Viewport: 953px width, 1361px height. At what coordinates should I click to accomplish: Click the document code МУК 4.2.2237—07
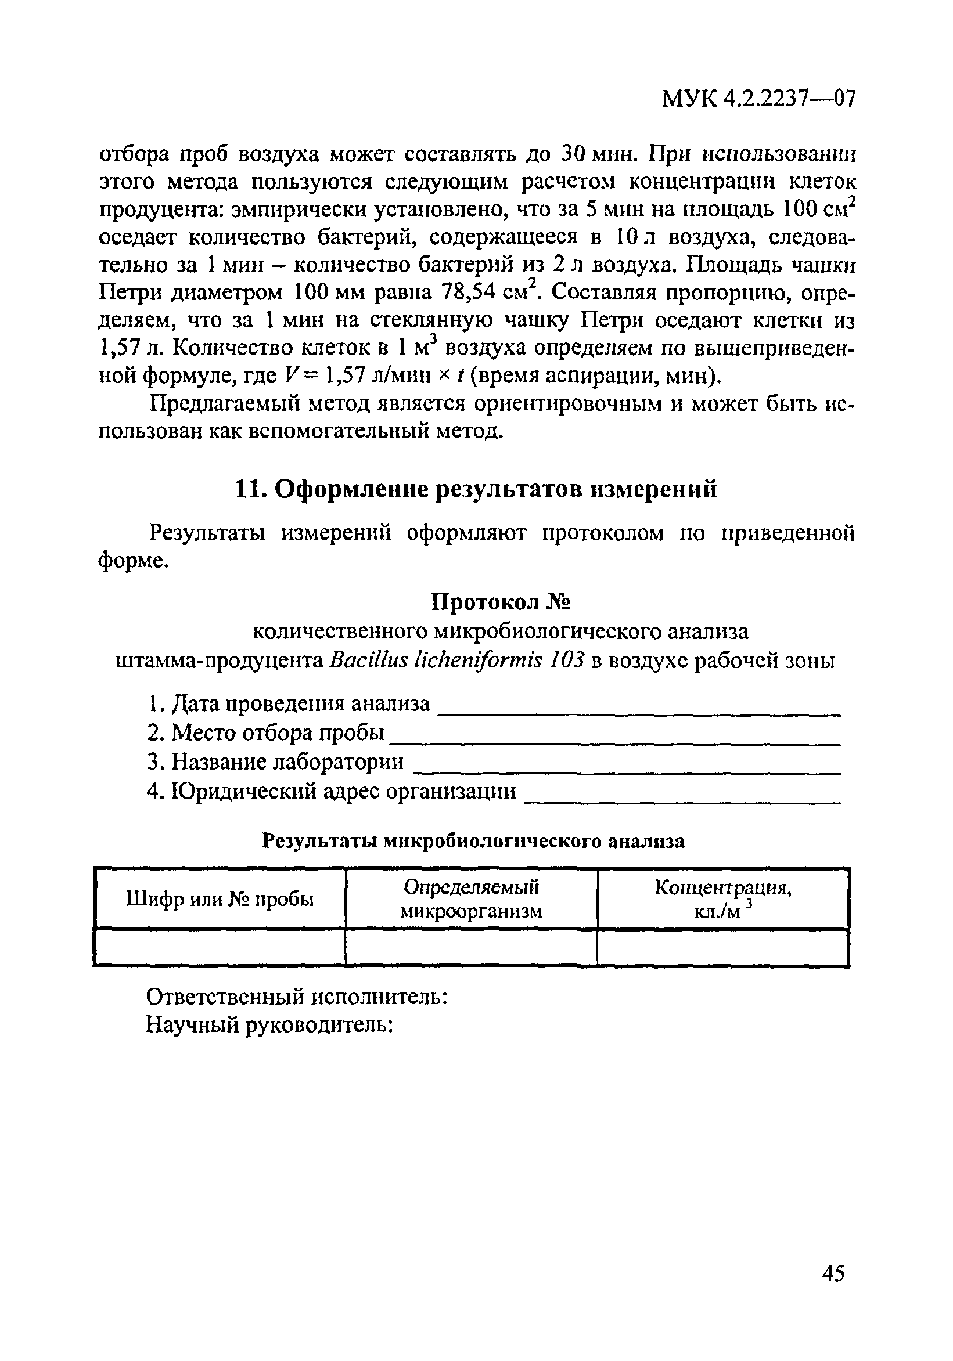tap(758, 99)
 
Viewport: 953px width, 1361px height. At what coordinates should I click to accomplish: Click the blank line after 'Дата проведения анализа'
tap(639, 712)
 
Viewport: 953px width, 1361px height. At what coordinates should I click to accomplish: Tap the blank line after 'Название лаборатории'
tap(626, 769)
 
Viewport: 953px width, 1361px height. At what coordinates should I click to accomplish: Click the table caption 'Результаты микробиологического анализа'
tap(473, 841)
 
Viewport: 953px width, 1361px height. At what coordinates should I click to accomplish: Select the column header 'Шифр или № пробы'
tap(220, 898)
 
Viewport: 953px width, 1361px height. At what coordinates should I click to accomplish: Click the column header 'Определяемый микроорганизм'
tap(472, 898)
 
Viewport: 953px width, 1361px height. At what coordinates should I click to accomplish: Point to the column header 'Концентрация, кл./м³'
tap(724, 898)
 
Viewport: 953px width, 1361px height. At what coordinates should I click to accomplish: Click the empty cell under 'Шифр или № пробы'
tap(220, 947)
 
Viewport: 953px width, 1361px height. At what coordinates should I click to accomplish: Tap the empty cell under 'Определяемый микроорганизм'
tap(472, 947)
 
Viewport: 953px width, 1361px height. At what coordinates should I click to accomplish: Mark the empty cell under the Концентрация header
tap(724, 947)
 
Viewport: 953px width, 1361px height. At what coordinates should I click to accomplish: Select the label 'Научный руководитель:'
tap(270, 1024)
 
